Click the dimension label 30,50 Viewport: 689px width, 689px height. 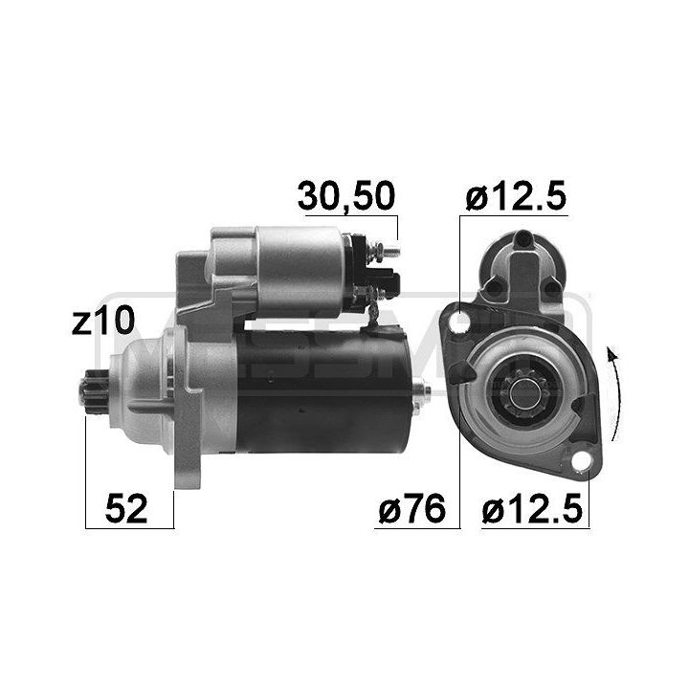pos(344,196)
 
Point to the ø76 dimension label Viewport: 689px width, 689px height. pos(411,510)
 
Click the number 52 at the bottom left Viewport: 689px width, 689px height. pos(127,510)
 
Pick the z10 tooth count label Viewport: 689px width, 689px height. pos(101,321)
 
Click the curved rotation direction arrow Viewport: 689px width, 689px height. pos(613,392)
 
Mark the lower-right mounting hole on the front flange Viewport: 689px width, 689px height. pos(580,466)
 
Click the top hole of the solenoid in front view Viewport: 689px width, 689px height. pos(522,239)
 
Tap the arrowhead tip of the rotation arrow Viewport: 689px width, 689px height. pos(609,352)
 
